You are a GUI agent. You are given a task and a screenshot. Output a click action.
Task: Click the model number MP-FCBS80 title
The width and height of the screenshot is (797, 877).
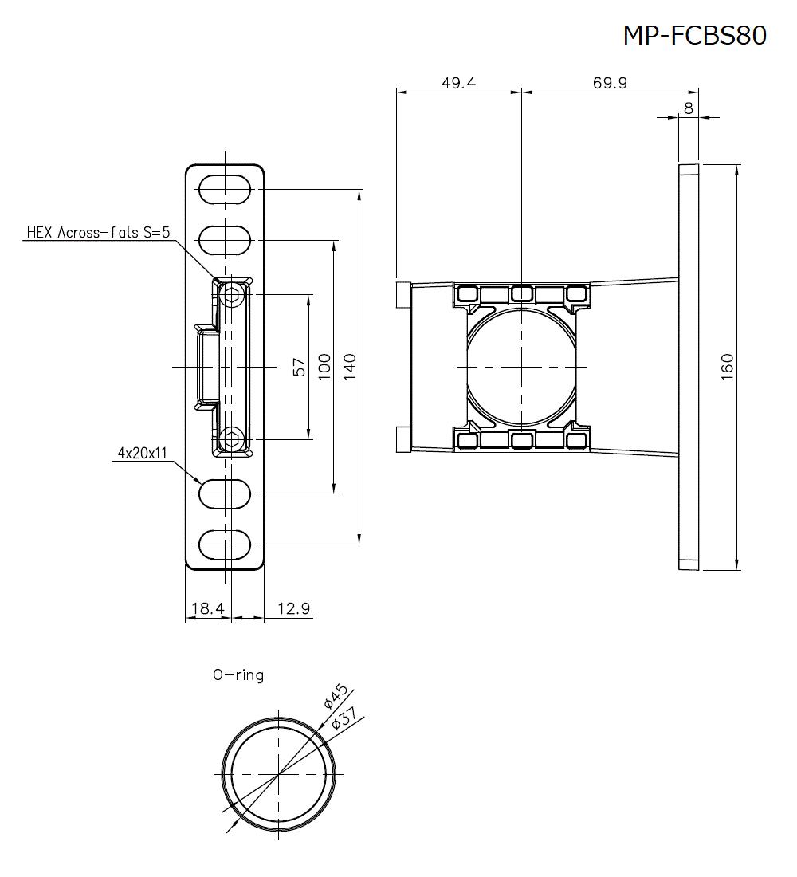694,36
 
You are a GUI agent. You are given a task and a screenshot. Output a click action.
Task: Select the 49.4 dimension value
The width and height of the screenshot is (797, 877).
458,82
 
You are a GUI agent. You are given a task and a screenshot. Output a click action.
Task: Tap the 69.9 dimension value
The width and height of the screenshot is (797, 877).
610,82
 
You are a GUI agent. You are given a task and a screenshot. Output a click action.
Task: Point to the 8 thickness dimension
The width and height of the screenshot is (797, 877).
688,108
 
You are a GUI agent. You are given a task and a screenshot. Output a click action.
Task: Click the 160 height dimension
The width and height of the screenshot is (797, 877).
727,367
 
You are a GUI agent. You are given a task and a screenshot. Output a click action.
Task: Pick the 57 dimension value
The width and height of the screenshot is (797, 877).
300,367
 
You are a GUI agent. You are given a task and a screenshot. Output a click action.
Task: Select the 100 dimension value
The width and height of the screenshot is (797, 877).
324,367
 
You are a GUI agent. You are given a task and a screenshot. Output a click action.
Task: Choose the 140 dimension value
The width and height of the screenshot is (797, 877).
350,367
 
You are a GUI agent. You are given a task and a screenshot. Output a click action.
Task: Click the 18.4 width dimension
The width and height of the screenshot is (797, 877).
206,608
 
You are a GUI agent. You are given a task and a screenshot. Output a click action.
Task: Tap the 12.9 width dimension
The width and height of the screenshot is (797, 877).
293,608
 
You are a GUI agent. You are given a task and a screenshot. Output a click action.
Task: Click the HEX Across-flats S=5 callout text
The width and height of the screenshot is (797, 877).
98,232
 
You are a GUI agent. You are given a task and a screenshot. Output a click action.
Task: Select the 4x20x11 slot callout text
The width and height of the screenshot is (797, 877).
142,454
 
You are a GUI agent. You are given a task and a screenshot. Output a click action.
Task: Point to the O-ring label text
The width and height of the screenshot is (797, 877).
238,674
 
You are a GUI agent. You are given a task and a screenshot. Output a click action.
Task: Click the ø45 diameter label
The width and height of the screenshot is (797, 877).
334,695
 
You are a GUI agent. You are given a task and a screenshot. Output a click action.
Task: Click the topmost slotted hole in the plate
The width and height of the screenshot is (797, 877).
225,190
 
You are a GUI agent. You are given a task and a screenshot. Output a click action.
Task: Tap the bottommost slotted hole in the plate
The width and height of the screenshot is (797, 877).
225,545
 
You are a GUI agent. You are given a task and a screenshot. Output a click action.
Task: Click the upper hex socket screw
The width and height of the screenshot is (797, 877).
232,296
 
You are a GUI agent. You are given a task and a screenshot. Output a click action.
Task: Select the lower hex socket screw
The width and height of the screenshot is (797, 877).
232,438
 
